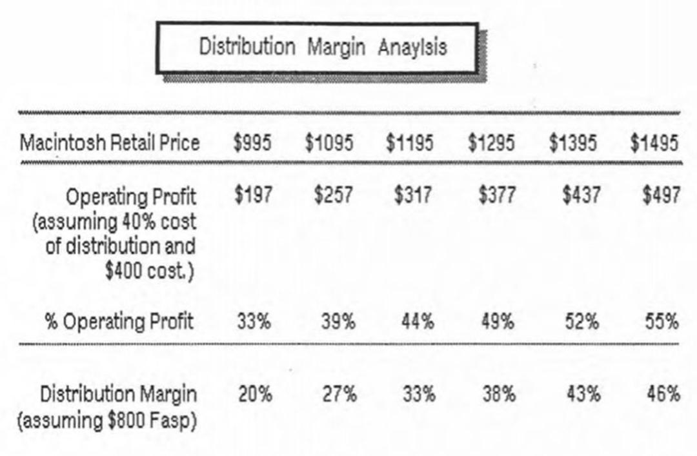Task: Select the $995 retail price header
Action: [252, 143]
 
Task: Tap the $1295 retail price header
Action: [491, 143]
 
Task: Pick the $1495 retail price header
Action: [654, 143]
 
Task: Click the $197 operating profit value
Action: [254, 195]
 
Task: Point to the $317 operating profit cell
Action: [413, 195]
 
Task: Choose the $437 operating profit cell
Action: [581, 195]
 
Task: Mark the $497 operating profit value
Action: [662, 195]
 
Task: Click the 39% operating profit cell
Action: [339, 321]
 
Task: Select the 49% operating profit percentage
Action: [498, 321]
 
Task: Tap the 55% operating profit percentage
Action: [662, 321]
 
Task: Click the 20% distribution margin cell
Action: [255, 394]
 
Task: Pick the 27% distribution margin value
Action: [339, 394]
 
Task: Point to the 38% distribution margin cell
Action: [500, 394]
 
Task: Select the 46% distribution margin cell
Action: [663, 394]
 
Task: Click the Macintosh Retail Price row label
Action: [110, 143]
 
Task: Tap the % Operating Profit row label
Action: [119, 321]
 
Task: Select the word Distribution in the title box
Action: [247, 46]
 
